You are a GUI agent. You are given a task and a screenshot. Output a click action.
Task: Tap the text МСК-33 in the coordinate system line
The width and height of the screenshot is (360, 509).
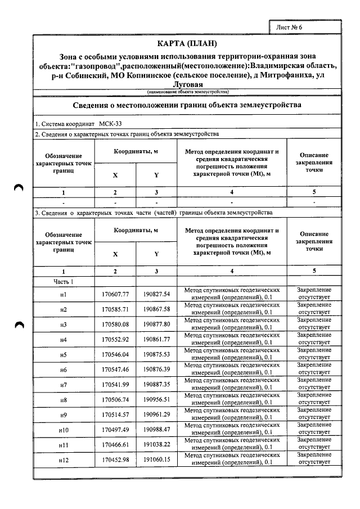[110, 123]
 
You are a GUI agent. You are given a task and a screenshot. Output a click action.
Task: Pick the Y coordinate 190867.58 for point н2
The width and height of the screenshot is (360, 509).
[156, 309]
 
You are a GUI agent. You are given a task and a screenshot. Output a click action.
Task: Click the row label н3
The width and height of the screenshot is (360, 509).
[64, 325]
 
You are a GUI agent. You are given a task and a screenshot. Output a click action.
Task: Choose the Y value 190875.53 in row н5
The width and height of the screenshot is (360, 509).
[156, 355]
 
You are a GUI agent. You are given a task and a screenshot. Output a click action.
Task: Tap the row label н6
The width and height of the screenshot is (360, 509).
[64, 370]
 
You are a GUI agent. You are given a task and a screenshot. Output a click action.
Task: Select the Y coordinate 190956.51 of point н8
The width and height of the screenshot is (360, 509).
[156, 400]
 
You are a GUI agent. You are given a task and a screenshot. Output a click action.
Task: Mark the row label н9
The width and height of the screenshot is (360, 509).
[64, 415]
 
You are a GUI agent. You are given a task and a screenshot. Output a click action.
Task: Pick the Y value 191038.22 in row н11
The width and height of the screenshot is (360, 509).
[156, 445]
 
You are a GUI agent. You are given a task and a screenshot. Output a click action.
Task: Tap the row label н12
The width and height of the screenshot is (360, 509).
[64, 461]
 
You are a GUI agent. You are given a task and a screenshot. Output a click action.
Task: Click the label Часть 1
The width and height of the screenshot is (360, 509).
[64, 281]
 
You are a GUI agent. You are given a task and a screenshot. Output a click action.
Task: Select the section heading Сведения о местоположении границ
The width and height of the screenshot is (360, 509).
[180, 105]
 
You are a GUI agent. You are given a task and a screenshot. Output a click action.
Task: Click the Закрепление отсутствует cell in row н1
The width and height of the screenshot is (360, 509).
[314, 294]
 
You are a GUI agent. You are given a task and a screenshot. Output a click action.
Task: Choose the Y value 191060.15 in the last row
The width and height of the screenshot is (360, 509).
[156, 460]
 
